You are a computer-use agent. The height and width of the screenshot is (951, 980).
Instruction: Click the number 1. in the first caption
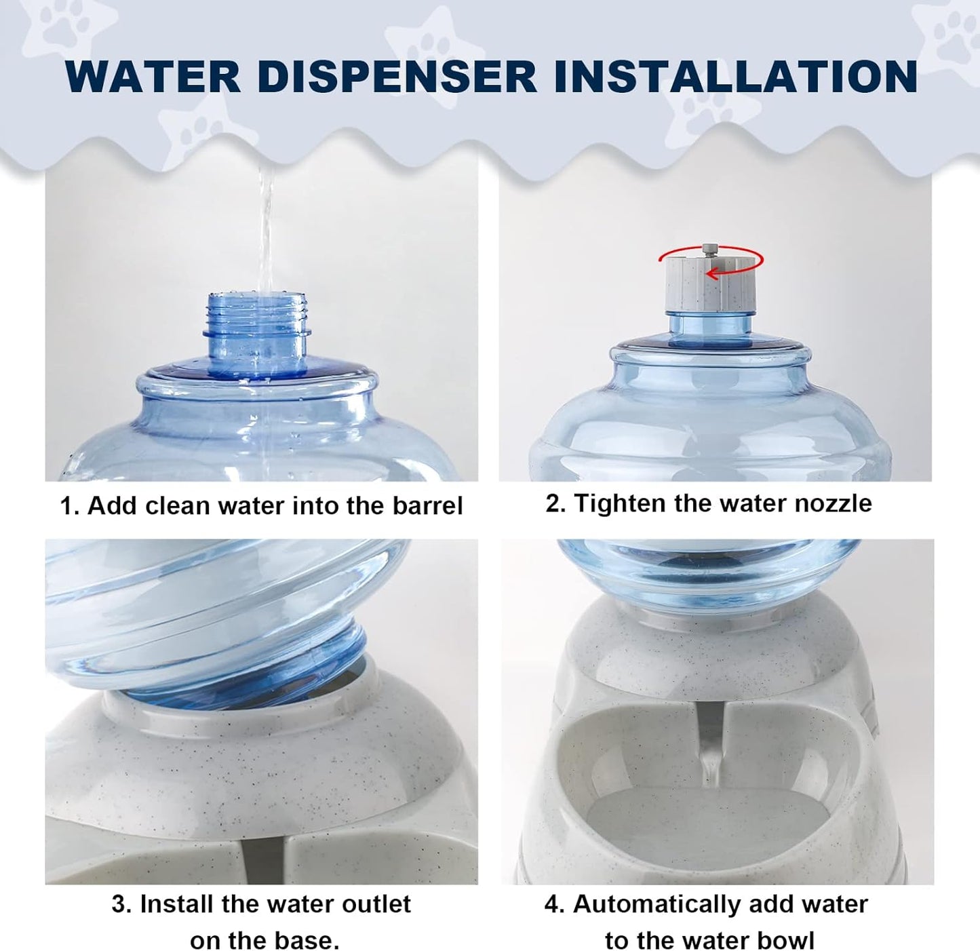pos(70,506)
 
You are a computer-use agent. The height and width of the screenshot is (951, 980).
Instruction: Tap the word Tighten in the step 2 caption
pos(619,503)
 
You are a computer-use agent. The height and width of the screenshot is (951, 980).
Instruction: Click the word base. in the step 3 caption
pos(308,941)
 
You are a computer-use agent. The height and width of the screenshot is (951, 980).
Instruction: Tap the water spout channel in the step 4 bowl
pos(711,753)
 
